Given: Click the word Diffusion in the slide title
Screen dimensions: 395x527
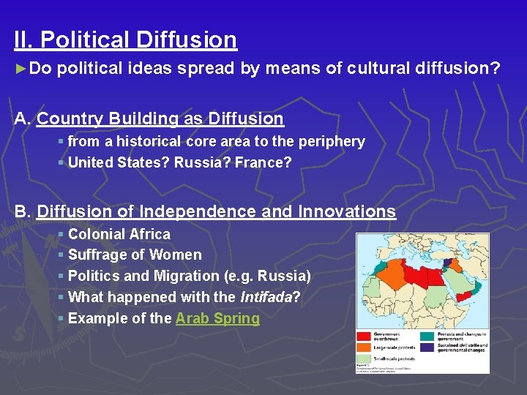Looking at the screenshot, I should pyautogui.click(x=193, y=39).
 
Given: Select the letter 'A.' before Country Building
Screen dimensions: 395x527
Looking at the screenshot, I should pyautogui.click(x=23, y=118).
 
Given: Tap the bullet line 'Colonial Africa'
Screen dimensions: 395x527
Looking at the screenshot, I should pyautogui.click(x=119, y=234).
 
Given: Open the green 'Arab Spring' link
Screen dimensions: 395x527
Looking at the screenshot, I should pyautogui.click(x=217, y=318).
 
